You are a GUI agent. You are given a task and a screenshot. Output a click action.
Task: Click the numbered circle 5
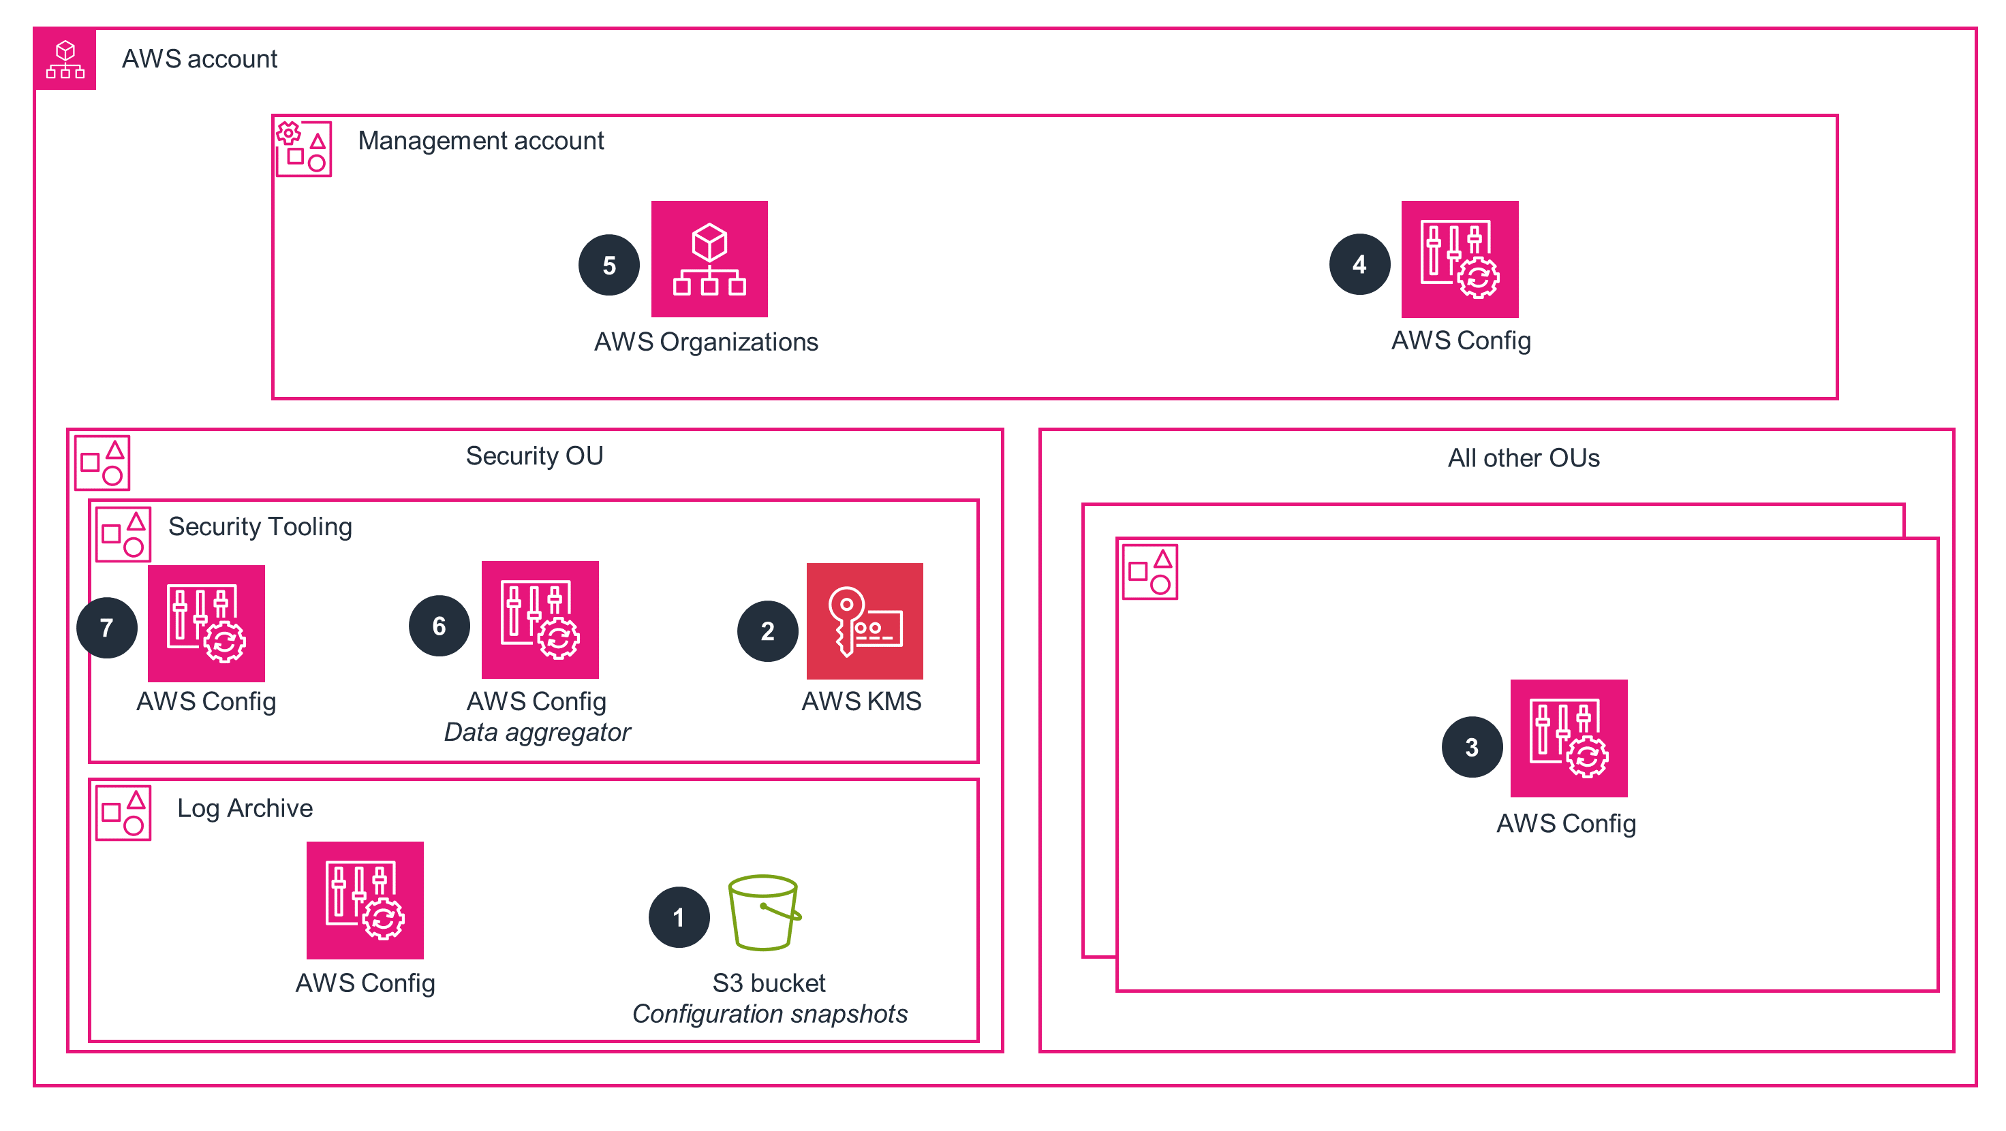tap(609, 265)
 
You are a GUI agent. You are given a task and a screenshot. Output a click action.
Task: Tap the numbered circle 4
tap(1359, 264)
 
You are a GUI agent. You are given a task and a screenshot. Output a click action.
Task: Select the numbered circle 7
tap(107, 627)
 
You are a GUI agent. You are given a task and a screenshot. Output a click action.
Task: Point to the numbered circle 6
tap(439, 626)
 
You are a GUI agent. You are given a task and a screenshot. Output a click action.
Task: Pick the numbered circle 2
tap(767, 631)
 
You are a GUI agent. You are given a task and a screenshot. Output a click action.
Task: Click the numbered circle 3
tap(1472, 747)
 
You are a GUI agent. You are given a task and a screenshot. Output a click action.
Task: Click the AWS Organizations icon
tap(709, 259)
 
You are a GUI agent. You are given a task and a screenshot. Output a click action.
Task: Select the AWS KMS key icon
tap(865, 621)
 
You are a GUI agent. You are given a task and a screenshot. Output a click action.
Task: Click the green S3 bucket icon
tap(764, 912)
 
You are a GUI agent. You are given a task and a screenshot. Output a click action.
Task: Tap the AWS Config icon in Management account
tap(1460, 259)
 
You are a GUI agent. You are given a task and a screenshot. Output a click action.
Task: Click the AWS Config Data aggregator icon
tap(540, 620)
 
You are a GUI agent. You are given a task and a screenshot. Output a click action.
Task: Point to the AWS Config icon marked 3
tap(1569, 738)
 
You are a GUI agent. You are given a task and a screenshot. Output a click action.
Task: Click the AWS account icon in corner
tap(65, 59)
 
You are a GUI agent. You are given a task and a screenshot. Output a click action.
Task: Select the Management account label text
tap(480, 141)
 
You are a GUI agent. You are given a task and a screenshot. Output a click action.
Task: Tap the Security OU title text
tap(534, 456)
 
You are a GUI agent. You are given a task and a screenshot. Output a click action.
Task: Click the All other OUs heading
tap(1523, 458)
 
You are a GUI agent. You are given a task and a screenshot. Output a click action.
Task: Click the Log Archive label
tap(245, 808)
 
